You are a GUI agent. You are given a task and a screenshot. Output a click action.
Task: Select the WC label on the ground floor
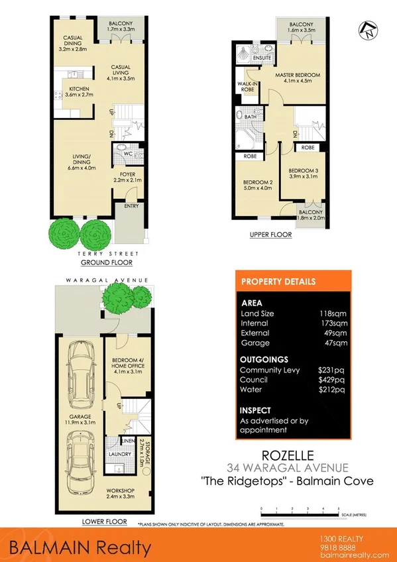click(x=122, y=157)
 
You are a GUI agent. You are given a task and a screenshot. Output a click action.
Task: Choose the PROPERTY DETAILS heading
click(x=278, y=281)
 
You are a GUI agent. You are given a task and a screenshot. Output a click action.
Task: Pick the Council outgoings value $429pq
click(x=331, y=380)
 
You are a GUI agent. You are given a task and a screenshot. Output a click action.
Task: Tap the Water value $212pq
click(x=331, y=390)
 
